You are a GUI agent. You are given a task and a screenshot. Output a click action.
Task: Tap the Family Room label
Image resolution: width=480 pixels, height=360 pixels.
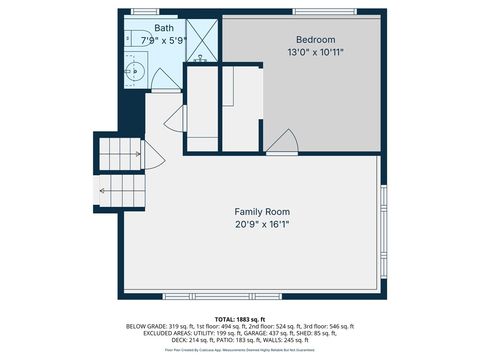coord(262,211)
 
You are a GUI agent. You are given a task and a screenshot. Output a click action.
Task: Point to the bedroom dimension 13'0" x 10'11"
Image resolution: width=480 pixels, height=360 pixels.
coord(302,52)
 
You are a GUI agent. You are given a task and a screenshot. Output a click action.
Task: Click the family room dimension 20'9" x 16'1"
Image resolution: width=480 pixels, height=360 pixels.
coord(262,224)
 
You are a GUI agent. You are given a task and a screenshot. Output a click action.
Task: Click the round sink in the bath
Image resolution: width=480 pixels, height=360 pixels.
coord(137,71)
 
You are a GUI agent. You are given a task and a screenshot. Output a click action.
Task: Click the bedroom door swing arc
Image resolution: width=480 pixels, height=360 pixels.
coord(283,143)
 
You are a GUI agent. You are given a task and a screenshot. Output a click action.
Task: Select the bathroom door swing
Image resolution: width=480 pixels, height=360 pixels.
coord(174,116)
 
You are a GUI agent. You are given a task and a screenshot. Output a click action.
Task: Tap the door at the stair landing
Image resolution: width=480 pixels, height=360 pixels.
coord(151,156)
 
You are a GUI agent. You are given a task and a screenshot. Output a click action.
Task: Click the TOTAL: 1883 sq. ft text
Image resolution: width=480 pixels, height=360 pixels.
coord(240,318)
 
